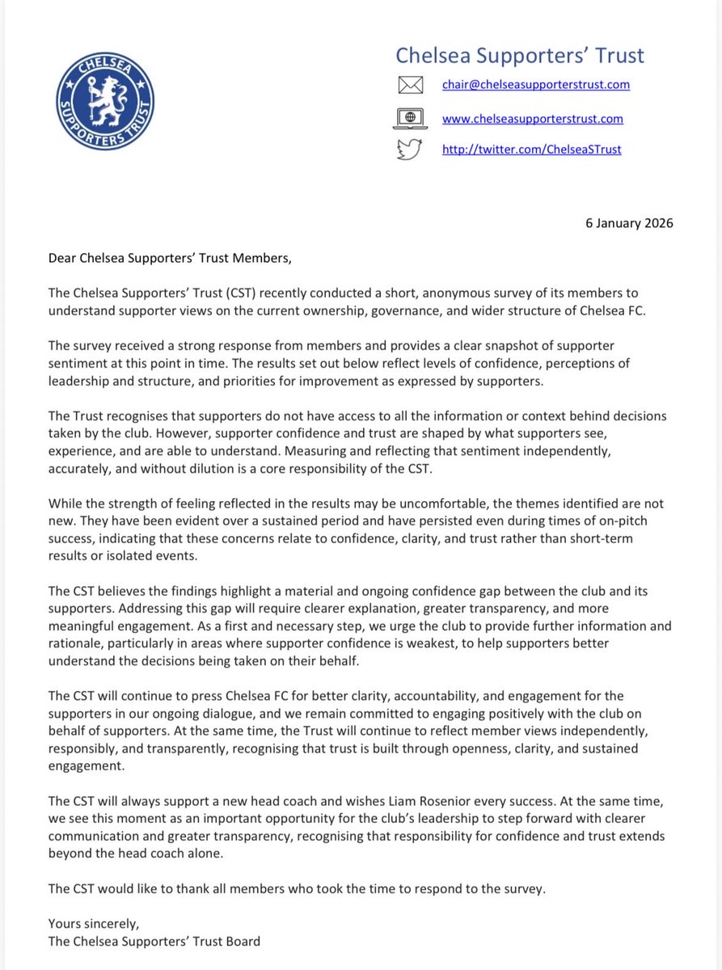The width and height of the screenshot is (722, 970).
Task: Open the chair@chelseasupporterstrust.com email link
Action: (x=535, y=84)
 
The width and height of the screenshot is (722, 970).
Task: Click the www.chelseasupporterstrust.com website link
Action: (x=532, y=118)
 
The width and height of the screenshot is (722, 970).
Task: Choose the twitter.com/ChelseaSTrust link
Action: (x=531, y=150)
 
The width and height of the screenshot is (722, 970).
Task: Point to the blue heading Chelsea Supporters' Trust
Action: (x=519, y=55)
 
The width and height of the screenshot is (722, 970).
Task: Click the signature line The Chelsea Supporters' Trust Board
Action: (x=154, y=941)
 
